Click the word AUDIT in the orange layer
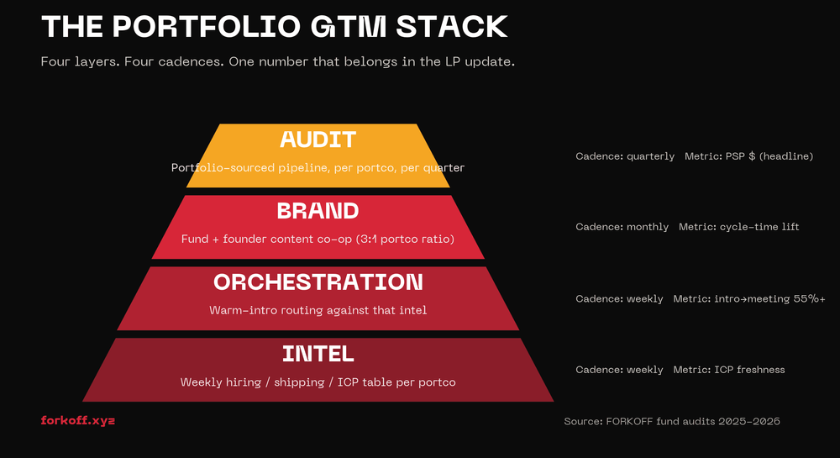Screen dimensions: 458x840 pos(318,140)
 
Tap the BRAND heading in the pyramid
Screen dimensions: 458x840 pos(318,210)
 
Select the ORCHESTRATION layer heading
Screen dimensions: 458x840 pos(318,282)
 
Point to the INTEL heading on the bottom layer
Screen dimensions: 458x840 pos(318,353)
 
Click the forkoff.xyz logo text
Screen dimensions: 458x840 pos(77,420)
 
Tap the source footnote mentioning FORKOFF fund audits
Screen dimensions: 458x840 pos(672,421)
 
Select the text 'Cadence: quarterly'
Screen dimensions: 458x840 pos(625,156)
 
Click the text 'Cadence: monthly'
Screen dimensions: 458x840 pos(622,227)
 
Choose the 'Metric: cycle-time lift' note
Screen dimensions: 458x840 pos(739,227)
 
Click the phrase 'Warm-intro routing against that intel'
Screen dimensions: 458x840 pos(318,310)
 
